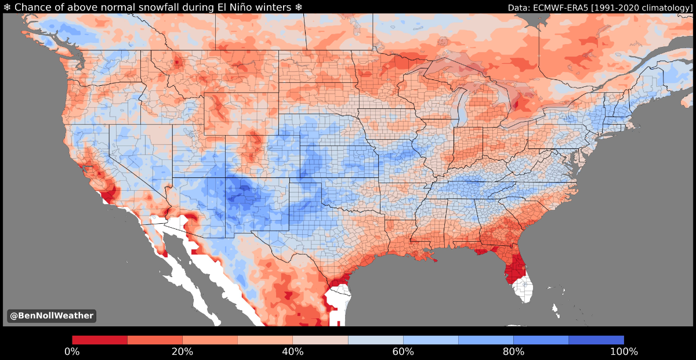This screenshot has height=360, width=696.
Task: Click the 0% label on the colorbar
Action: (x=72, y=352)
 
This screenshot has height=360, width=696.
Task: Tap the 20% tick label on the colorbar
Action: (x=182, y=352)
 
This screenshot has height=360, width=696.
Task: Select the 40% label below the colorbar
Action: (x=292, y=352)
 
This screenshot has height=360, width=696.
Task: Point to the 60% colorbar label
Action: (x=403, y=352)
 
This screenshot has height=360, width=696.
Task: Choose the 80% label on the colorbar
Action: (x=513, y=352)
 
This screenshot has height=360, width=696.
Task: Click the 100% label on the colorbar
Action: (x=623, y=352)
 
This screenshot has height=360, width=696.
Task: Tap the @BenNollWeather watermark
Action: (x=50, y=316)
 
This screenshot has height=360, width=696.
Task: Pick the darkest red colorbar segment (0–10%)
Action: (x=99, y=340)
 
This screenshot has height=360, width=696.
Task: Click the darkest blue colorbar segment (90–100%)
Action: (x=596, y=340)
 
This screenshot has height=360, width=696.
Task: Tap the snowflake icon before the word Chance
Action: (x=7, y=7)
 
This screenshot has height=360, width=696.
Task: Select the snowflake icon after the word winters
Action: (x=299, y=7)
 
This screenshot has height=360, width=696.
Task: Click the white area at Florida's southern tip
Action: (x=525, y=290)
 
